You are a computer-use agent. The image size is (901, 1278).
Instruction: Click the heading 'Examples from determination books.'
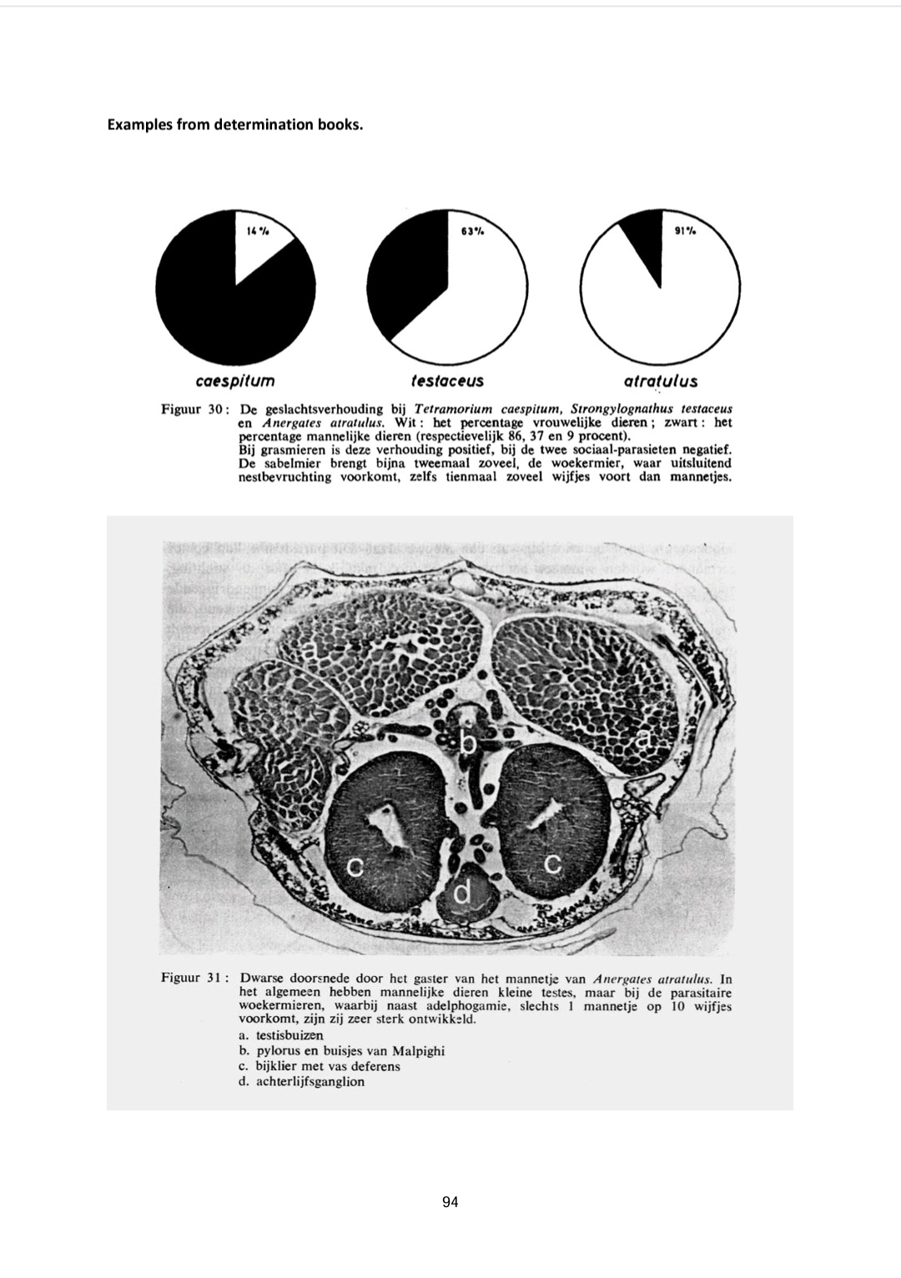point(235,126)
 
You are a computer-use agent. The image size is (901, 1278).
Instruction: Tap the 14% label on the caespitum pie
point(258,231)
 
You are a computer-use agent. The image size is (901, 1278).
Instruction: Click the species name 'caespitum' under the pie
point(234,381)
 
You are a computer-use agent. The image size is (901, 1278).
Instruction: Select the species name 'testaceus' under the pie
point(447,381)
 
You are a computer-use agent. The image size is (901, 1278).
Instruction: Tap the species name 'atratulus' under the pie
point(660,381)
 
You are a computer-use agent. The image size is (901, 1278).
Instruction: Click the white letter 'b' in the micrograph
point(469,741)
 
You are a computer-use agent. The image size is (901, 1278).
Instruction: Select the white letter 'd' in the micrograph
point(463,893)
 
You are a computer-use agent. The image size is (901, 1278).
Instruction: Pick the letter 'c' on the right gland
point(552,863)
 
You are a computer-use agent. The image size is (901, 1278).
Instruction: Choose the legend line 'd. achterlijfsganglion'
point(301,1082)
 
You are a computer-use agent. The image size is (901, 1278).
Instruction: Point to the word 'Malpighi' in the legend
point(419,1051)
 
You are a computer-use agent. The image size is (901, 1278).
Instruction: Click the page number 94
point(450,1202)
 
